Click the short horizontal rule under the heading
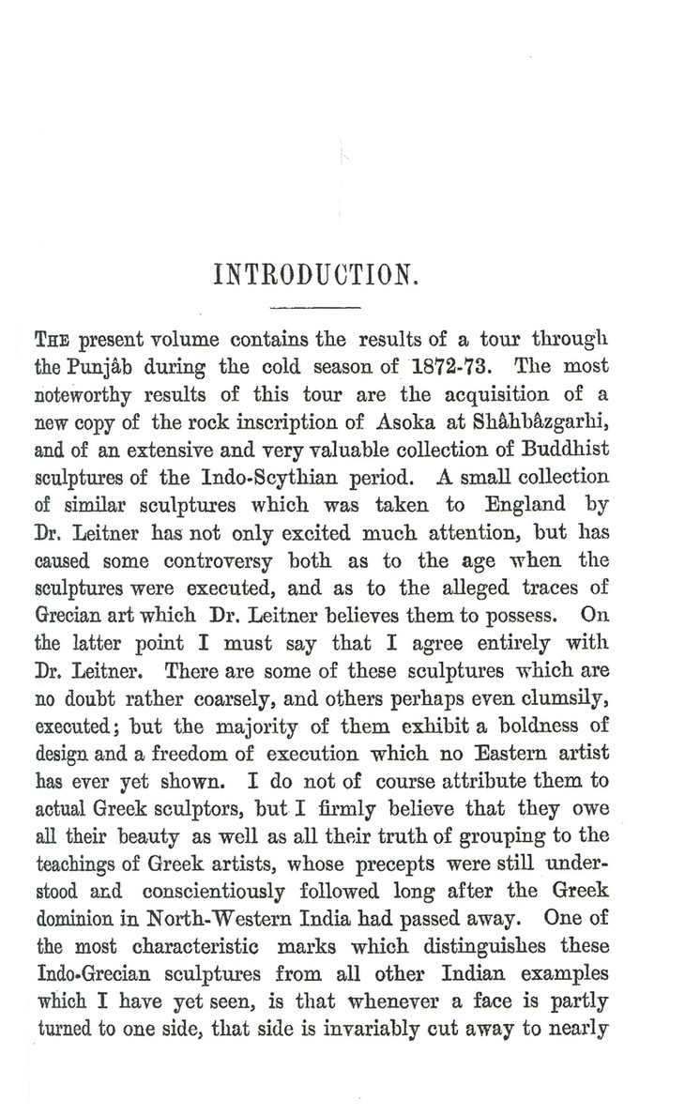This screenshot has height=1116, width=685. point(315,307)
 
